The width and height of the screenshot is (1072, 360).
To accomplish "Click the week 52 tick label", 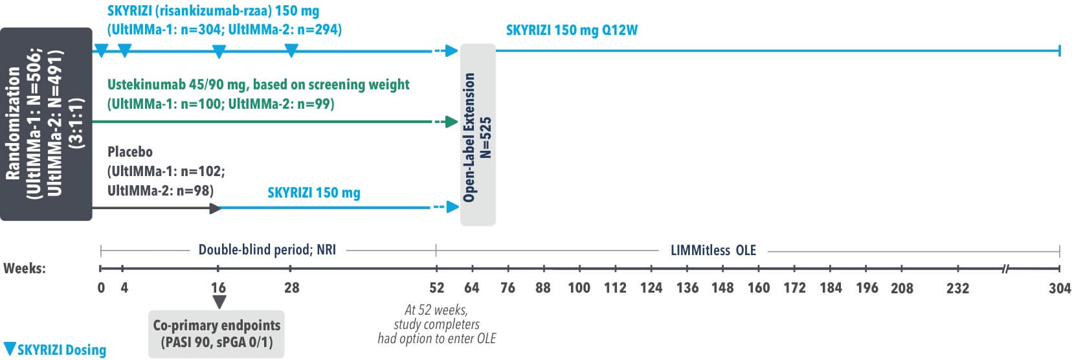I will (437, 287).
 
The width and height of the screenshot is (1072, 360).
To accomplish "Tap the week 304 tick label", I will (1060, 287).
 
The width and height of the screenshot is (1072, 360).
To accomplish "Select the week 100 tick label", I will (579, 287).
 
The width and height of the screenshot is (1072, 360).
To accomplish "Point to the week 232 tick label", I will (957, 288).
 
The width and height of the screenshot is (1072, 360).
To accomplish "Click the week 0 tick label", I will (101, 287).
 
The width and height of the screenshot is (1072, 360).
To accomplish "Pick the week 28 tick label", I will (292, 287).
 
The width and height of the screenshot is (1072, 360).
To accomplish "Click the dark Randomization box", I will (46, 124).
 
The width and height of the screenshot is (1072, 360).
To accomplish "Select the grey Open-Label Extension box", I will (478, 135).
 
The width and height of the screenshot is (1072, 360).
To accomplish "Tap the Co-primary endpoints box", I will (216, 333).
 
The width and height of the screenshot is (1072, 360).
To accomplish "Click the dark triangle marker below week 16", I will (219, 302).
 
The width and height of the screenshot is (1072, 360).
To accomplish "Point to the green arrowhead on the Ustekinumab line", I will (452, 122).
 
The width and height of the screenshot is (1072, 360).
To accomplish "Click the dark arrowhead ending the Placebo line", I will (216, 208).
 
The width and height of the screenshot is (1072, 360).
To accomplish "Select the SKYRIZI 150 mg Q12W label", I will (572, 30).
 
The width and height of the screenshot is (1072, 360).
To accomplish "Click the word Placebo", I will (130, 152).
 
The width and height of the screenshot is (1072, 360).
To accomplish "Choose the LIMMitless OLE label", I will (713, 250).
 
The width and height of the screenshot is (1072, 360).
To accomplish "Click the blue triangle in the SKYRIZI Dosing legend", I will (10, 348).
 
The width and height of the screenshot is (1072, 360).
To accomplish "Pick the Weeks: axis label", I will (25, 268).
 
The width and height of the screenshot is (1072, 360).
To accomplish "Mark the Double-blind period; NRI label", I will (267, 250).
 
